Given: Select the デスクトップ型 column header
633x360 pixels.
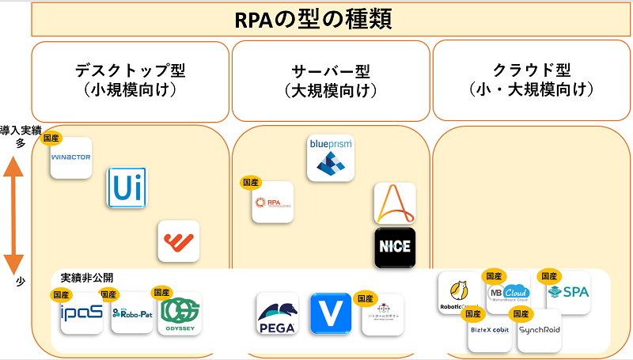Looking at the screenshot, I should (x=130, y=79).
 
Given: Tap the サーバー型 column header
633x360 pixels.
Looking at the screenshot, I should (x=331, y=79).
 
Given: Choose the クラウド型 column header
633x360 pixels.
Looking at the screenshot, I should (x=531, y=79).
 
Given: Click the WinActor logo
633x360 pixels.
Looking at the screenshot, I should (x=71, y=157).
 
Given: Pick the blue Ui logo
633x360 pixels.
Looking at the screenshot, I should (x=127, y=188).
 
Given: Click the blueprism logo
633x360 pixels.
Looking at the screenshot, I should (x=330, y=155).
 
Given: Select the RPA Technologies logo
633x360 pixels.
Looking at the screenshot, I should (x=272, y=203).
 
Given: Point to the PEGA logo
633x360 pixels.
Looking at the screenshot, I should (x=277, y=314).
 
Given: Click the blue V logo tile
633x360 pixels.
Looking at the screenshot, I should (x=330, y=313).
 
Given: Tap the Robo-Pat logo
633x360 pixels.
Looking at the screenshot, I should (x=131, y=313).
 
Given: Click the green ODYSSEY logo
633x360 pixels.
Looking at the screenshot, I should (x=180, y=313).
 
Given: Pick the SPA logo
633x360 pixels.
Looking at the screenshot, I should (x=568, y=292).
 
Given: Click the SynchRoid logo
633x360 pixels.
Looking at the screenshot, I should (x=540, y=331).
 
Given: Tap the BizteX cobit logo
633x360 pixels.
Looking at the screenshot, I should (x=488, y=331).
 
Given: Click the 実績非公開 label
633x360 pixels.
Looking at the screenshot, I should (x=87, y=278).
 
